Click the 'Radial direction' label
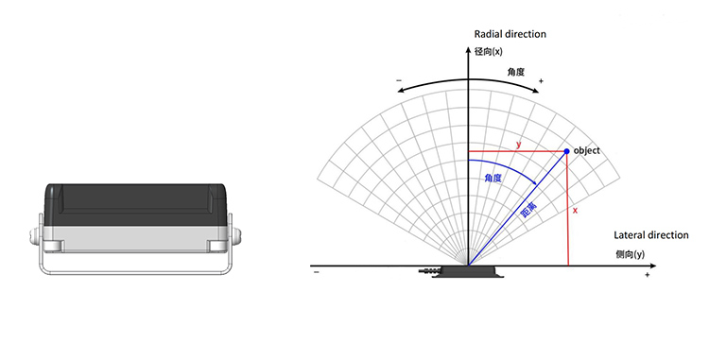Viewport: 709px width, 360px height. pyautogui.click(x=510, y=34)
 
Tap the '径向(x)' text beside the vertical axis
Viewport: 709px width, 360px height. pyautogui.click(x=489, y=51)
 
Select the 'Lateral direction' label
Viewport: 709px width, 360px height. pyautogui.click(x=651, y=235)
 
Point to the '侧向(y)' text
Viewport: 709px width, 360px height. pyautogui.click(x=630, y=255)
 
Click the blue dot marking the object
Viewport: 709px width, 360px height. pyautogui.click(x=566, y=151)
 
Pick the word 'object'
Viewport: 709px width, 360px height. pyautogui.click(x=586, y=151)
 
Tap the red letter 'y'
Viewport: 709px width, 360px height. pyautogui.click(x=519, y=145)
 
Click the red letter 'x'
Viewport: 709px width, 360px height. pyautogui.click(x=575, y=210)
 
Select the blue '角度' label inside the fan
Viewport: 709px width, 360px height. pyautogui.click(x=493, y=178)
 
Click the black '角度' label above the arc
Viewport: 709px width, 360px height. pyautogui.click(x=516, y=72)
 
